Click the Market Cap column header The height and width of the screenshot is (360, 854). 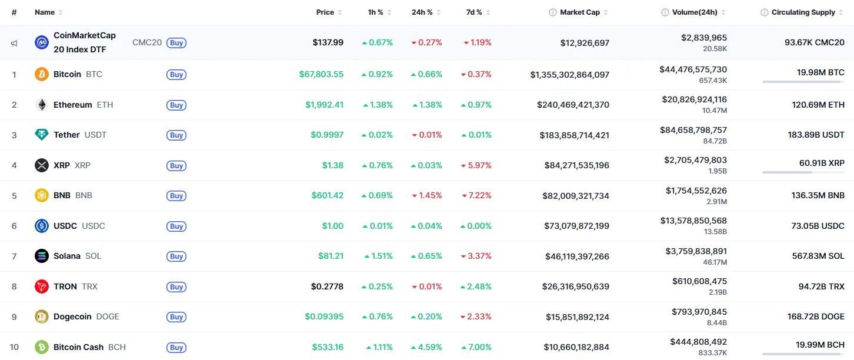tap(579, 12)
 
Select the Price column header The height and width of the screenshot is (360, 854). tap(325, 12)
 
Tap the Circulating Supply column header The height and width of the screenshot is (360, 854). tap(803, 12)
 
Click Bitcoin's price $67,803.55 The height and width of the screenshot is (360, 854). tap(321, 75)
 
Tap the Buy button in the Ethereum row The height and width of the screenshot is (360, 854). tap(176, 105)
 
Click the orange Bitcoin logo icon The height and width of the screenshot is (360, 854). tap(42, 75)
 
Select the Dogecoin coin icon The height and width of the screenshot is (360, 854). tap(42, 317)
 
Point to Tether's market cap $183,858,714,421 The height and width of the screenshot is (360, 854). tap(574, 135)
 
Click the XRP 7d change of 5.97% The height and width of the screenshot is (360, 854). tap(479, 166)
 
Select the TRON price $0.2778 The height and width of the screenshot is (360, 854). tap(327, 287)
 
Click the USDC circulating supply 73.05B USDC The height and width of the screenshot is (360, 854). tap(816, 226)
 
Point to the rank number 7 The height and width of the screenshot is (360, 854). tap(14, 256)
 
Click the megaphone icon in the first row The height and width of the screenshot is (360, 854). tap(14, 43)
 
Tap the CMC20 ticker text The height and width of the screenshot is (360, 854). tap(147, 43)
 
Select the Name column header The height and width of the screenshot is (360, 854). tap(45, 12)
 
